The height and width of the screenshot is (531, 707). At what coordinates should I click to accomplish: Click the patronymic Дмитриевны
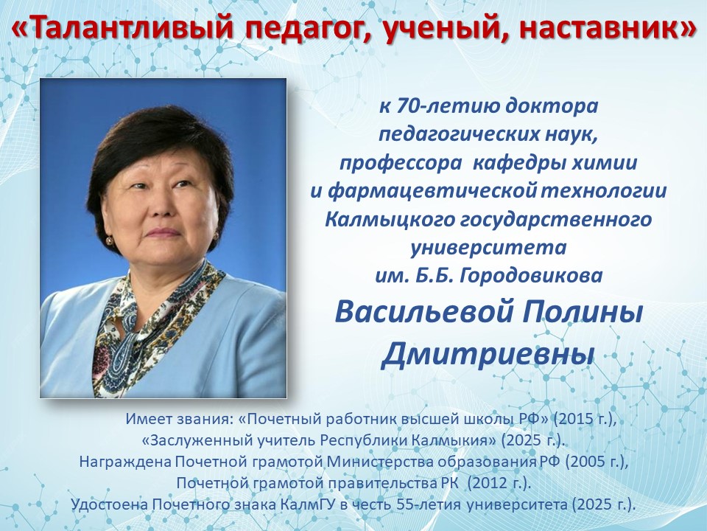[488, 354]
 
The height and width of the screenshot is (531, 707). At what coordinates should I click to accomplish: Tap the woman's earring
[110, 240]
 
